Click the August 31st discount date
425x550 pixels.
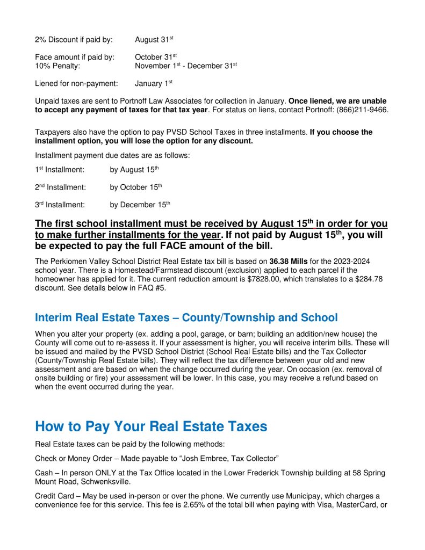[154, 40]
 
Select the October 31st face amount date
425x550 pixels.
[156, 57]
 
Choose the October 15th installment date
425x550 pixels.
[135, 187]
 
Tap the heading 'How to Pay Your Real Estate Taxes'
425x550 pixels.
[151, 426]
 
